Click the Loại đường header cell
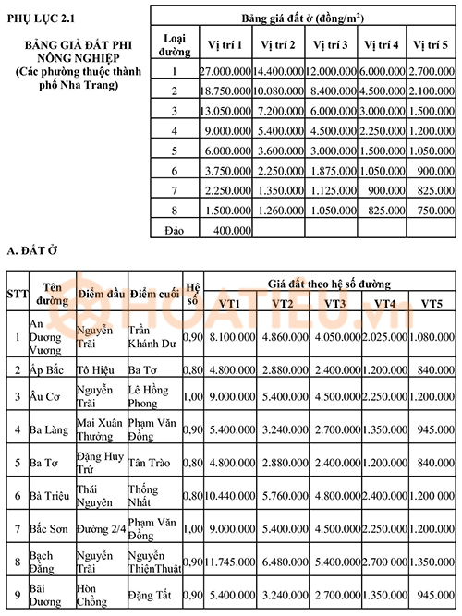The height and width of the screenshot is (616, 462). [174, 44]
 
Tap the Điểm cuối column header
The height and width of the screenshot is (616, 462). [153, 293]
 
